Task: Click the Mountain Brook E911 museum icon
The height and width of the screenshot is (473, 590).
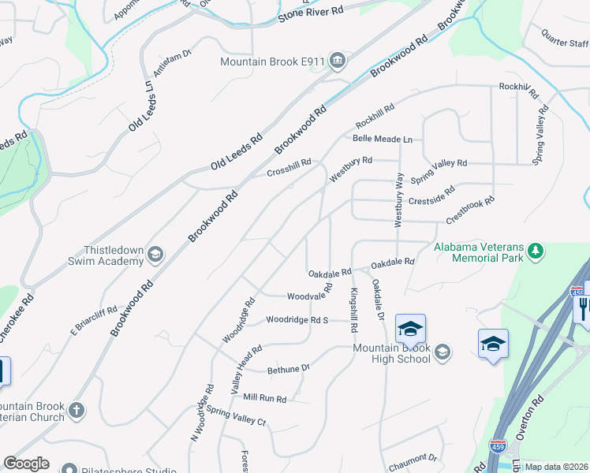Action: tap(338, 61)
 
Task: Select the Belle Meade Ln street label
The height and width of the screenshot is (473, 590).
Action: tap(383, 139)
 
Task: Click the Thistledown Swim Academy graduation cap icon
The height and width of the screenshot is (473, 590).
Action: tap(155, 253)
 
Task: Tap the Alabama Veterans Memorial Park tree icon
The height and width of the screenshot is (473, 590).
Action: tap(536, 251)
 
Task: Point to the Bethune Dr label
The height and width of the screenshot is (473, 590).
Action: tap(289, 368)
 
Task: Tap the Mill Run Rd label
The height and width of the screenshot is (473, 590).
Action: tap(264, 399)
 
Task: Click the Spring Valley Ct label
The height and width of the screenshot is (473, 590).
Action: tap(236, 415)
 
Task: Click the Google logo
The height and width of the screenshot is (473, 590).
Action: tap(27, 464)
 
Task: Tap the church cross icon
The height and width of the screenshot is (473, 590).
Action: tap(76, 410)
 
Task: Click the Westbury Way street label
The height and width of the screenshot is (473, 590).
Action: tap(399, 200)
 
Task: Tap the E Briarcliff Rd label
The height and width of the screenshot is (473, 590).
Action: tap(94, 315)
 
